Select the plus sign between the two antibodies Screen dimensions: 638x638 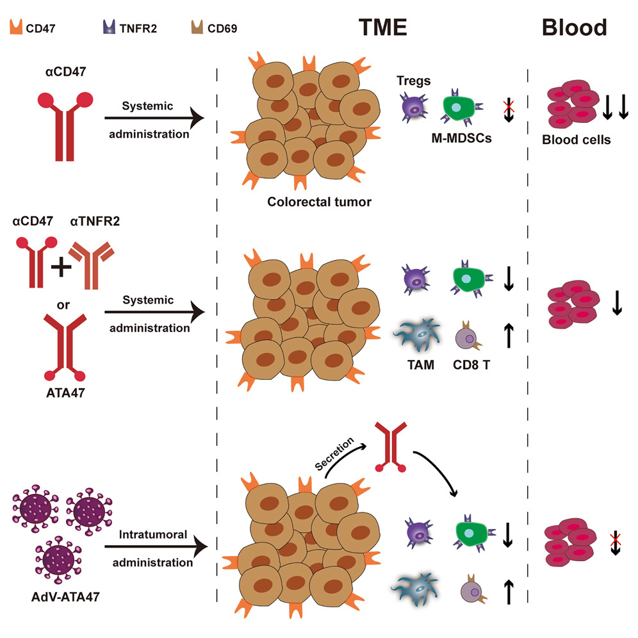click(x=61, y=267)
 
